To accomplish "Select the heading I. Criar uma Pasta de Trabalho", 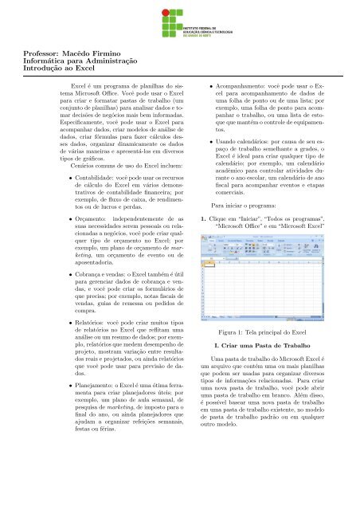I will [x=272, y=392].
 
